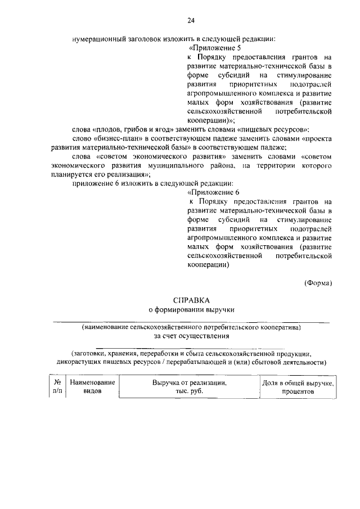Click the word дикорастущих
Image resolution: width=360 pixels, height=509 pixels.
tap(80, 362)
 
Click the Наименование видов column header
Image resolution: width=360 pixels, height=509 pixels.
tap(92, 387)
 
